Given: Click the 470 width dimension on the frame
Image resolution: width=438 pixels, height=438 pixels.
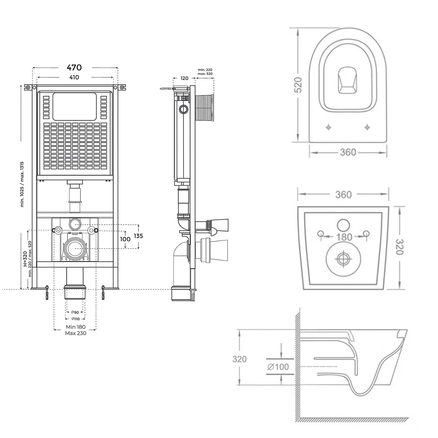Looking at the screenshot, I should click(74, 68).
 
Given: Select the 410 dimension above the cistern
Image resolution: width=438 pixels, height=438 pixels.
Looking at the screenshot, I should click(74, 77).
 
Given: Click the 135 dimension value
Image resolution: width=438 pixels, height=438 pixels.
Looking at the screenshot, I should click(138, 236).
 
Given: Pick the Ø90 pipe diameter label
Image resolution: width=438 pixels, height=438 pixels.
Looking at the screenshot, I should click(75, 312).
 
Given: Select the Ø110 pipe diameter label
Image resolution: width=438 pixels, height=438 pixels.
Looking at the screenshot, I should click(75, 319).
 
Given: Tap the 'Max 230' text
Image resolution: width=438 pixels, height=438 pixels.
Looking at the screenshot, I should click(76, 333).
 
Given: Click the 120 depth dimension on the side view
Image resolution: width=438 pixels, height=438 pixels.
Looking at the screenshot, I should click(184, 78).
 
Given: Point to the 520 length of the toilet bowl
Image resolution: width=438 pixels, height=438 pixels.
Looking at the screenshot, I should click(298, 85).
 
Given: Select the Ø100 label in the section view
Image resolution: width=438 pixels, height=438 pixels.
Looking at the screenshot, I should click(278, 366).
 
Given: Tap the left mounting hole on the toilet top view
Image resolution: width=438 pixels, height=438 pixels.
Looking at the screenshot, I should click(328, 127).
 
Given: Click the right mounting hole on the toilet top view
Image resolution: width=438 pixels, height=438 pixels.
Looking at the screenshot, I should click(367, 127).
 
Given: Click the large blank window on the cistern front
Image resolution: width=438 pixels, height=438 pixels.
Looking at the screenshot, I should click(74, 106).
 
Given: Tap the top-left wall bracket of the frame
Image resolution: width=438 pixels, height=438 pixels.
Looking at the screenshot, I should click(28, 88).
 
